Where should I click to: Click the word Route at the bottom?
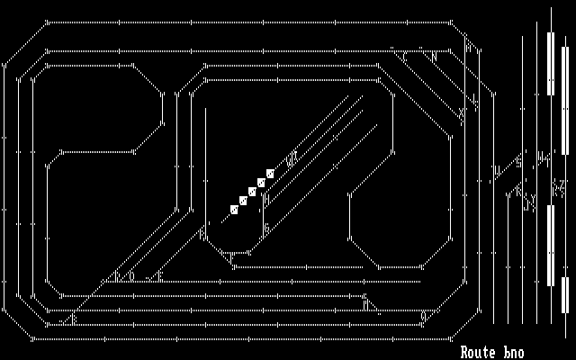tap(479, 352)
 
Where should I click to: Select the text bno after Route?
tap(513, 352)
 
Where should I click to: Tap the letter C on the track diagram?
tap(404, 57)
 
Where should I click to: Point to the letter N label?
tap(435, 57)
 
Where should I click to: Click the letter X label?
tap(462, 112)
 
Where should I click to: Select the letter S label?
tap(519, 162)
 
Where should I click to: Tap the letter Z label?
tap(559, 189)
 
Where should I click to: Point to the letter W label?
tap(290, 162)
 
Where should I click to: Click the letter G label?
tap(266, 228)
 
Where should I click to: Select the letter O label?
tap(131, 276)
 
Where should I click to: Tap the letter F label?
tap(159, 276)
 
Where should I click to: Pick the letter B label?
tap(74, 318)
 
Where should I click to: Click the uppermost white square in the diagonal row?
tap(270, 173)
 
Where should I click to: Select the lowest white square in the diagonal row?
tap(234, 210)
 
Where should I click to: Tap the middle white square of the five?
tap(252, 192)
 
